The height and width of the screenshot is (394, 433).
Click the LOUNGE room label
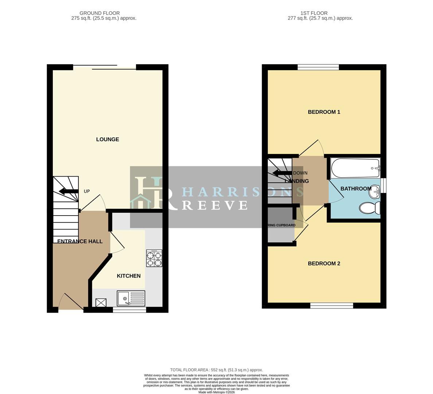coord(108,139)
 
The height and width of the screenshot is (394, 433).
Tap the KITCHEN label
coord(129,276)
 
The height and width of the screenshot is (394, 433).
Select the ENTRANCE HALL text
coord(80,241)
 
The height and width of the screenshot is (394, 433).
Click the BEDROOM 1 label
coord(324,112)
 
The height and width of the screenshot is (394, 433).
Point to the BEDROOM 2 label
coord(324,263)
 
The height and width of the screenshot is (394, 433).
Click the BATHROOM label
coord(356,189)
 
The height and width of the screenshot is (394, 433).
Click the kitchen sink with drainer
coord(131,298)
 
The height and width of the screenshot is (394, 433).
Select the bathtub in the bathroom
coord(355,168)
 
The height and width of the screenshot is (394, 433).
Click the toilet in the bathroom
coord(370,208)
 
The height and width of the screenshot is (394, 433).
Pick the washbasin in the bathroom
coord(375,191)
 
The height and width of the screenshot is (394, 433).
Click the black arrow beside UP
coord(69,191)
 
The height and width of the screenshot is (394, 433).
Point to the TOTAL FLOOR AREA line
coord(216,370)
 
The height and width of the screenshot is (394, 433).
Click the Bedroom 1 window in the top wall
coord(318,67)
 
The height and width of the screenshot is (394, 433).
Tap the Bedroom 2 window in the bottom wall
coord(332,305)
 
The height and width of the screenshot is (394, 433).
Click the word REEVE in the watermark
coord(215,205)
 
